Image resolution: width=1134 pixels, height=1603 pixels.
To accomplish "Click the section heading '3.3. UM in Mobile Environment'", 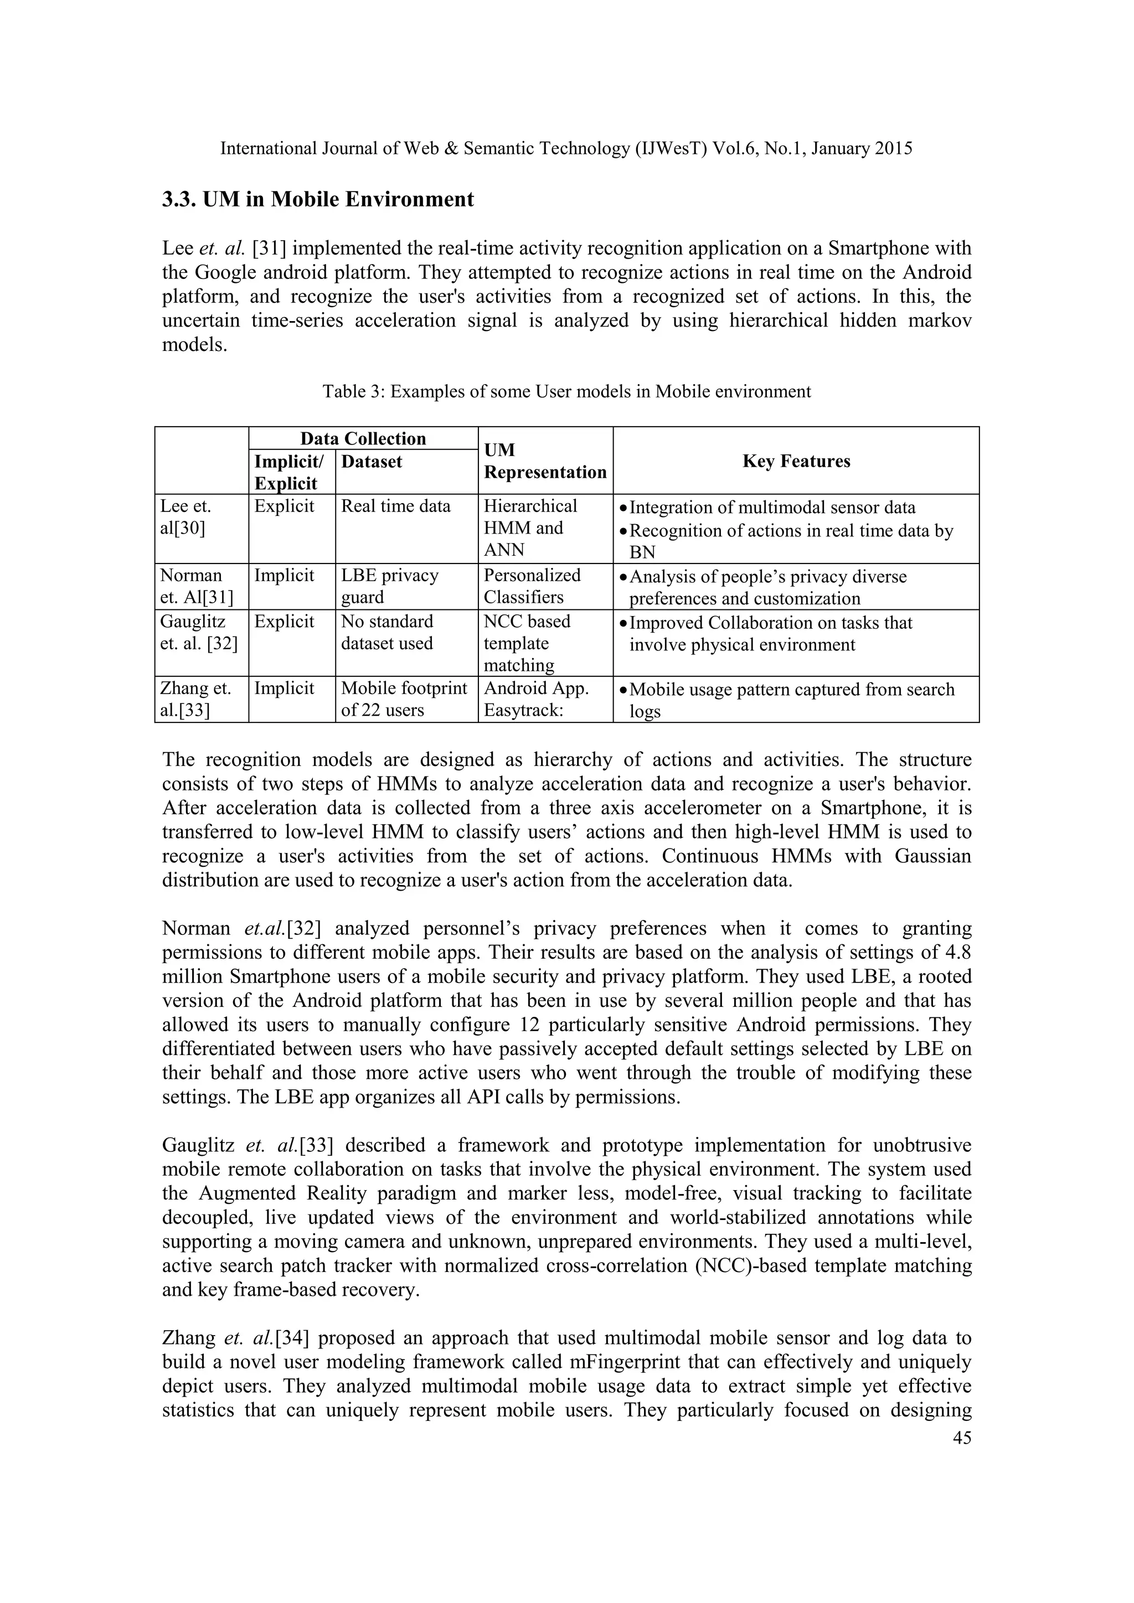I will tap(318, 200).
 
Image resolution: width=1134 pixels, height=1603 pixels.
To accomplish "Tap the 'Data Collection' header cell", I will tap(363, 438).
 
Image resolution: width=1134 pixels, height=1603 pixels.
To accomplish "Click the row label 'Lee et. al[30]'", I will tap(185, 518).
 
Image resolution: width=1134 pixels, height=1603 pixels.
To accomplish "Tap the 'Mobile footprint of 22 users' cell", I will tap(404, 699).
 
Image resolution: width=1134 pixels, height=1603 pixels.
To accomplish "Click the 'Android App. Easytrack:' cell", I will tap(537, 699).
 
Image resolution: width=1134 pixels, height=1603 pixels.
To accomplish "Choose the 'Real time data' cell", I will tap(395, 506).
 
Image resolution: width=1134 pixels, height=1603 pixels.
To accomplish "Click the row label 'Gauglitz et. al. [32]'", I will tap(198, 633).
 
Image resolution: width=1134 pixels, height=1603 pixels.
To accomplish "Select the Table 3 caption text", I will tap(566, 392).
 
